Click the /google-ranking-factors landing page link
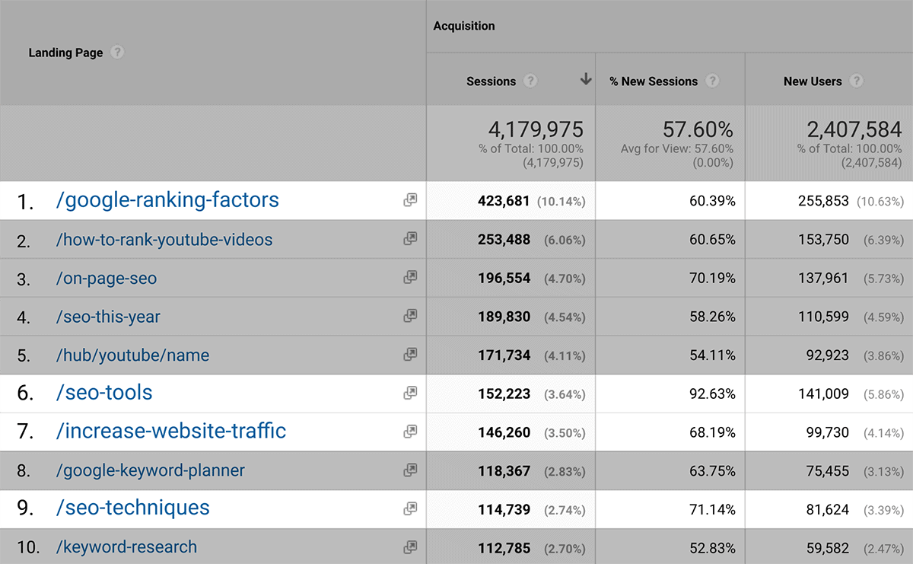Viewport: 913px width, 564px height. point(167,200)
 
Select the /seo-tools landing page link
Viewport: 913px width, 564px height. point(104,393)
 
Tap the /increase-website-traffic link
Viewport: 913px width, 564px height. point(171,432)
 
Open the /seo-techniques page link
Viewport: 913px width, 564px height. point(132,508)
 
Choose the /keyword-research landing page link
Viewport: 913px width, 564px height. point(126,546)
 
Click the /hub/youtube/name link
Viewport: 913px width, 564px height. point(132,355)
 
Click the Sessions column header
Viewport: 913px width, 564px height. point(491,81)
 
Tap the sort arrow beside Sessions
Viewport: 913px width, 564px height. point(585,79)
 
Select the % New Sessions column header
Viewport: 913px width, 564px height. point(654,81)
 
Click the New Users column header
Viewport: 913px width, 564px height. point(813,81)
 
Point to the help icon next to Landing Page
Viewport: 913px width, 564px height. point(117,53)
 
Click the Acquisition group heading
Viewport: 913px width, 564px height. point(464,26)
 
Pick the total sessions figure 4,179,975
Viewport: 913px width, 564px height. point(531,129)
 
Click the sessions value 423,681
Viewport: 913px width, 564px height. point(504,201)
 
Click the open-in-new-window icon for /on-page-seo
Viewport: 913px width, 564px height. point(410,277)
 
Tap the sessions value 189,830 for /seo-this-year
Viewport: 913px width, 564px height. point(504,317)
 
